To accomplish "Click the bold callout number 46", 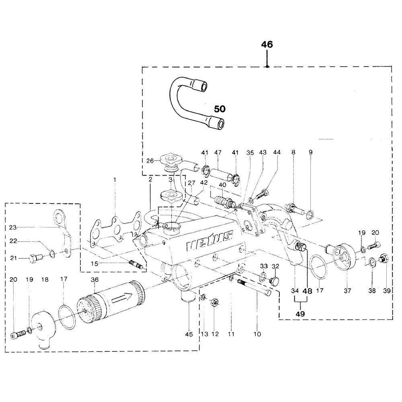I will coord(267,45).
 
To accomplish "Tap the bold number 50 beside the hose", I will coord(219,109).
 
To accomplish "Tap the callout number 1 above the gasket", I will coord(115,178).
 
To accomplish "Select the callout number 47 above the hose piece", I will coord(218,152).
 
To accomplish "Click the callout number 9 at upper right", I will coord(310,152).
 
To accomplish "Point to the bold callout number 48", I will coord(308,290).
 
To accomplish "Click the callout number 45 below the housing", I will coord(189,334).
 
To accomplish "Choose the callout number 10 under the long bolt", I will coord(257,334).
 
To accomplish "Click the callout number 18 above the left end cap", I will coord(45,279).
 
